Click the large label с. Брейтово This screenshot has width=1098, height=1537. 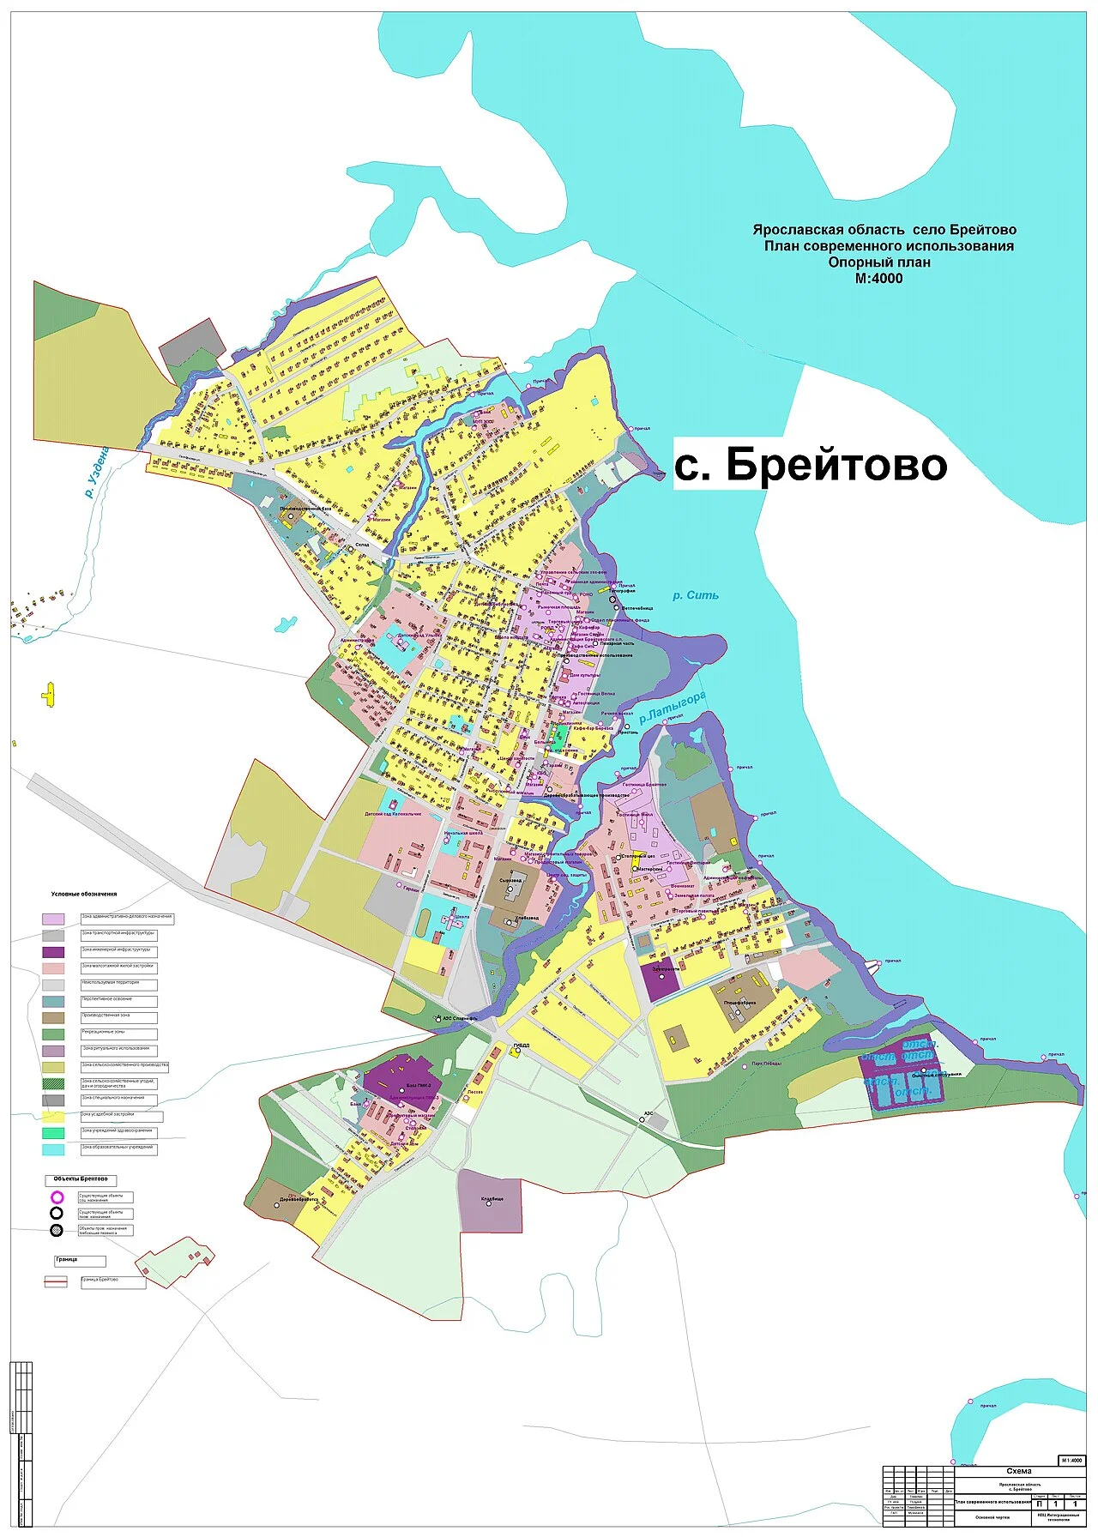click(x=811, y=464)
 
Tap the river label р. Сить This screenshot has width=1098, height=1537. click(x=696, y=595)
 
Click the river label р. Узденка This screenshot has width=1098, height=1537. click(x=97, y=472)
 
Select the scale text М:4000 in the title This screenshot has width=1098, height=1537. click(x=878, y=279)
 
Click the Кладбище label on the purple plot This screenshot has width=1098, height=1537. click(x=492, y=1199)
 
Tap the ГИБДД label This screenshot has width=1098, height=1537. click(x=522, y=1045)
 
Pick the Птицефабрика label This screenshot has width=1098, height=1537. click(x=739, y=1002)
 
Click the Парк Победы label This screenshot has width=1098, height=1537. click(x=767, y=1064)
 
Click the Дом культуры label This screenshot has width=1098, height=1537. click(x=584, y=675)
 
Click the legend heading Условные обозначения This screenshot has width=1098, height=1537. click(x=84, y=894)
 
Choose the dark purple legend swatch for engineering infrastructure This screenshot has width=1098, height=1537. click(x=53, y=951)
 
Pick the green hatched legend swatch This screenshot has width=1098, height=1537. click(x=53, y=1083)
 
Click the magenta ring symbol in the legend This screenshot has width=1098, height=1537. click(x=57, y=1196)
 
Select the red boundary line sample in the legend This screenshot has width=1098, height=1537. click(x=56, y=1281)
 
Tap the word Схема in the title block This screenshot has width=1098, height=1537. click(x=1018, y=1471)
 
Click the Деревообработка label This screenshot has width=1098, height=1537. click(x=299, y=1200)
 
